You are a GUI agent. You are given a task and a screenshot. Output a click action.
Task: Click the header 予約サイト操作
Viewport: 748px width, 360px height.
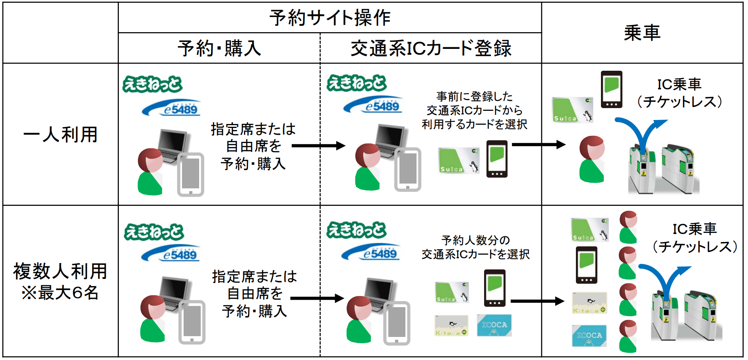point(330,18)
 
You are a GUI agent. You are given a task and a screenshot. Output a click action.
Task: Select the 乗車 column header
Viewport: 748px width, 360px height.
point(642,33)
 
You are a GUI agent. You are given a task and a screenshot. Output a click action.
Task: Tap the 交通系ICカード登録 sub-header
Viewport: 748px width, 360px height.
point(431,48)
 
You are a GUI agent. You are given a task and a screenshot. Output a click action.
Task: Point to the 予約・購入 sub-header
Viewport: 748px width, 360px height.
point(219,48)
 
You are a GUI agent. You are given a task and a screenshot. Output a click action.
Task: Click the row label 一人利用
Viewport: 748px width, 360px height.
point(60,134)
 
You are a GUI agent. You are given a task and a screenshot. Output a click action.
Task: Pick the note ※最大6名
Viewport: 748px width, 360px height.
point(60,293)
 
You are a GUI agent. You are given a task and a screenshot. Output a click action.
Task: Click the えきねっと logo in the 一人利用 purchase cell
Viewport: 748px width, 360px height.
point(152,84)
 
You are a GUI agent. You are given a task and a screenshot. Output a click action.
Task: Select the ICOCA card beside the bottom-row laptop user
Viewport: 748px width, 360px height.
point(494,325)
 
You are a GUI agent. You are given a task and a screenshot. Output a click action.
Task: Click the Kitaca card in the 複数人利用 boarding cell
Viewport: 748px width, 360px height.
point(589,303)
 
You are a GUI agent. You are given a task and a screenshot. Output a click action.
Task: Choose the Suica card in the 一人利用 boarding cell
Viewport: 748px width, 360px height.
point(572,110)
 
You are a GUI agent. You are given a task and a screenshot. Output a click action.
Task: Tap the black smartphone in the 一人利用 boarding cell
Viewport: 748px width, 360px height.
point(611,89)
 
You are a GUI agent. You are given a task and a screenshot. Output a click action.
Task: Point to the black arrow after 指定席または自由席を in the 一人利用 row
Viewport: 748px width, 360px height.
point(318,146)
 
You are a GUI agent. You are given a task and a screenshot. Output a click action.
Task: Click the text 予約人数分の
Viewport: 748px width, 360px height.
point(475,240)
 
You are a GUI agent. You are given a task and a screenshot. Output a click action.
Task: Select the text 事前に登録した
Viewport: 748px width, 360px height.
point(475,96)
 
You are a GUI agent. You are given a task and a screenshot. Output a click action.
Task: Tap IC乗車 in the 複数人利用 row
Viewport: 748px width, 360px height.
point(694,229)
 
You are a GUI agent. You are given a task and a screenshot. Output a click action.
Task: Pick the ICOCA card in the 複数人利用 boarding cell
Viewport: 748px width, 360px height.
point(589,336)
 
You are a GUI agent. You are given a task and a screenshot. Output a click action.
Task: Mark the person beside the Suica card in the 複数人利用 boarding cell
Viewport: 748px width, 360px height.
point(628,227)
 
